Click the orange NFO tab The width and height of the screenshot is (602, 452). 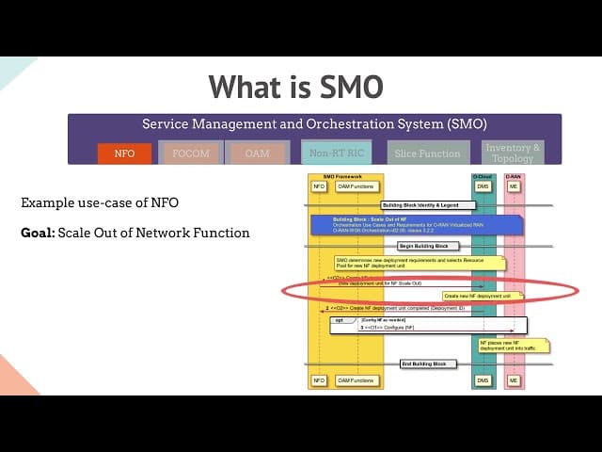(x=124, y=153)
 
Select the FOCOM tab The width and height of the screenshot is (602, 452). (x=191, y=153)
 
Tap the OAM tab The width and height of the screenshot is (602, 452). (x=257, y=153)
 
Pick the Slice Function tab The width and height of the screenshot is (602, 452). (x=428, y=153)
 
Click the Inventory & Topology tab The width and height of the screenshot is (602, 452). (x=513, y=153)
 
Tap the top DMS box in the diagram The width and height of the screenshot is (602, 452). (x=483, y=186)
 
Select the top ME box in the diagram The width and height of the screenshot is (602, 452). (x=513, y=186)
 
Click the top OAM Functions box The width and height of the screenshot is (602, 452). (x=356, y=186)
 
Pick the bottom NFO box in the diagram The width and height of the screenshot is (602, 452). (x=319, y=380)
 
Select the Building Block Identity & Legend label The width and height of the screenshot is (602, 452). (x=420, y=204)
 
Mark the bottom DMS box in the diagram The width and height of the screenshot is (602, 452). (x=483, y=380)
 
